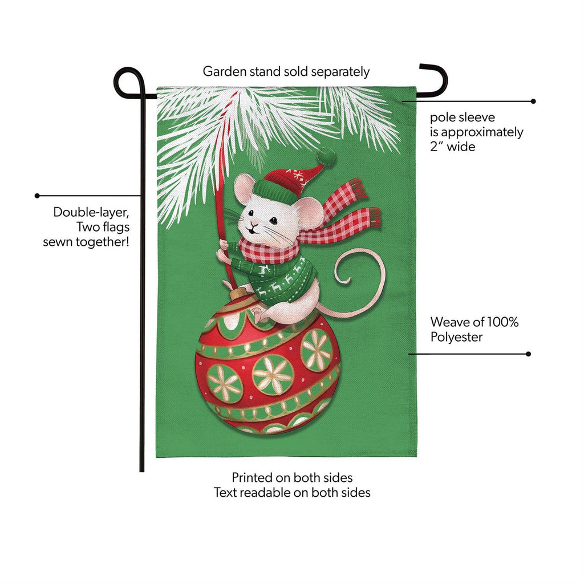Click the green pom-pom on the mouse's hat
click(326, 157)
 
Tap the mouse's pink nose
click(254, 225)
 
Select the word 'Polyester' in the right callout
click(456, 337)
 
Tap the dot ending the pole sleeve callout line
click(533, 102)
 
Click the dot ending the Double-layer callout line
click(37, 196)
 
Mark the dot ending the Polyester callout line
click(528, 354)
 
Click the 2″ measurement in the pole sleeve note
click(436, 147)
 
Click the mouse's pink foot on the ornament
click(258, 315)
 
